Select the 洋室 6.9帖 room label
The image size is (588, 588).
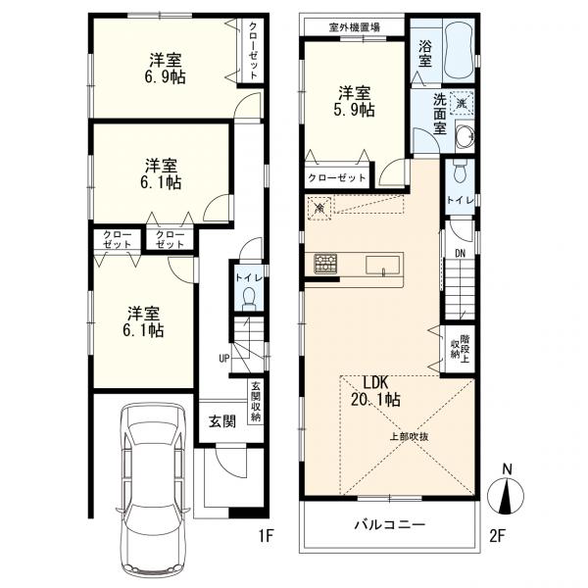pyautogui.click(x=166, y=69)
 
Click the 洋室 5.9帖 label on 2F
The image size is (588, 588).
pyautogui.click(x=355, y=101)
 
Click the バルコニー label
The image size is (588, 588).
pyautogui.click(x=390, y=524)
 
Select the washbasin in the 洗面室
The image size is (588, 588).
pyautogui.click(x=465, y=136)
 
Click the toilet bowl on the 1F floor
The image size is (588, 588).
pyautogui.click(x=249, y=300)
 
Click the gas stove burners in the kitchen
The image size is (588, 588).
pyautogui.click(x=325, y=263)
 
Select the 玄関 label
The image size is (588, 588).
pyautogui.click(x=222, y=421)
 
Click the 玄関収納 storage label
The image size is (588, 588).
pyautogui.click(x=256, y=402)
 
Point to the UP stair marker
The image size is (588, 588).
pyautogui.click(x=223, y=359)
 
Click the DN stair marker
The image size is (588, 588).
pyautogui.click(x=461, y=254)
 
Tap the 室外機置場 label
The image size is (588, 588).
pyautogui.click(x=354, y=27)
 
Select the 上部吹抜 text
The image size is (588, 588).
pyautogui.click(x=409, y=437)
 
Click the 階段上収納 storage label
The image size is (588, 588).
pyautogui.click(x=460, y=347)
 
